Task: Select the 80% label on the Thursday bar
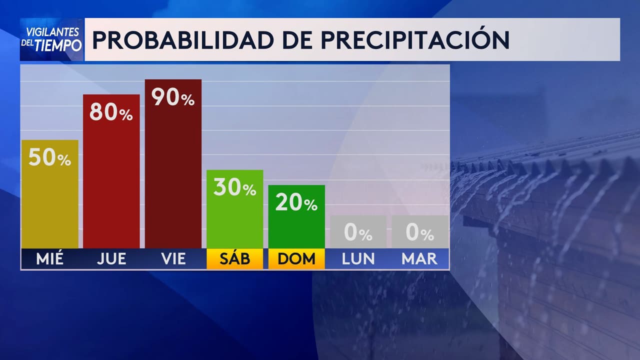[111, 113]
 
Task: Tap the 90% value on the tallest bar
[173, 98]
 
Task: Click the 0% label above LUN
[358, 233]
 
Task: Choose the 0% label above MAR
[419, 233]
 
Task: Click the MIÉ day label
[49, 258]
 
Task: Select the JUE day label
[111, 258]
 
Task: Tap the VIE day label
[173, 258]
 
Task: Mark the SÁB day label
[234, 258]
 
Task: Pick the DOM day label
[296, 258]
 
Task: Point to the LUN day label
[358, 258]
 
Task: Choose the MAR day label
[419, 258]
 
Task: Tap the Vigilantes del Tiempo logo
[52, 39]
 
